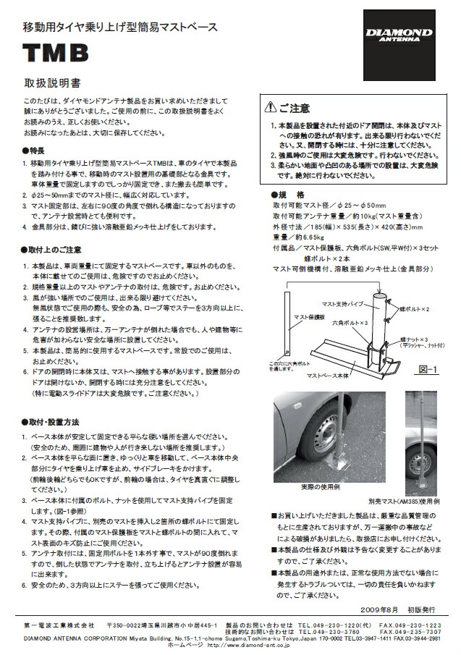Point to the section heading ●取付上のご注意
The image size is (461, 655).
click(51, 249)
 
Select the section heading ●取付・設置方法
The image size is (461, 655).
click(51, 421)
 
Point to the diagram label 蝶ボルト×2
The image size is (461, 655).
click(419, 309)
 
